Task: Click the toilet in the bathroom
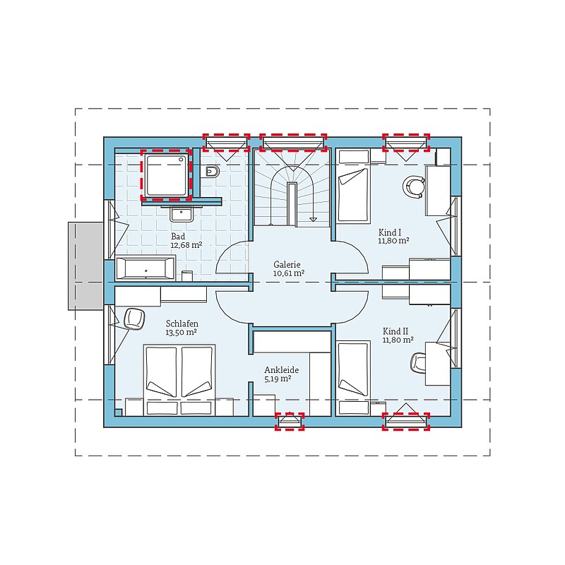[213, 172]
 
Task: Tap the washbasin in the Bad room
[182, 214]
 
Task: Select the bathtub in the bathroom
[145, 268]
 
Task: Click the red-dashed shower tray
[167, 174]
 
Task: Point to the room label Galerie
[287, 264]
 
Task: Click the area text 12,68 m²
[186, 245]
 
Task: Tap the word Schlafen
[182, 323]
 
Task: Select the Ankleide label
[281, 370]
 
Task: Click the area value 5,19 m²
[278, 379]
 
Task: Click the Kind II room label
[395, 331]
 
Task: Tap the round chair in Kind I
[414, 186]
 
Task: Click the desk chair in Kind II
[419, 362]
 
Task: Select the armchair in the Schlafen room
[134, 319]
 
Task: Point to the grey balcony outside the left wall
[86, 266]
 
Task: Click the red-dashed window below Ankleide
[290, 421]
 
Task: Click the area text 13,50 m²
[181, 333]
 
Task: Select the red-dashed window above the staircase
[293, 143]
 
